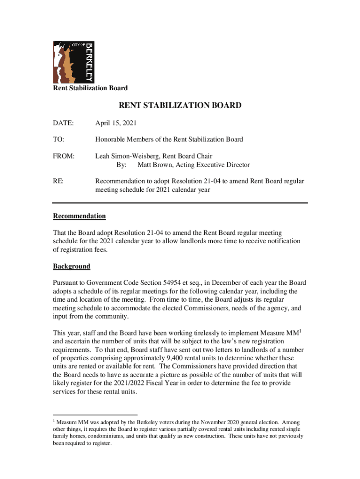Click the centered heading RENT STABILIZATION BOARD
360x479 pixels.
[180, 106]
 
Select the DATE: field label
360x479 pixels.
[63, 123]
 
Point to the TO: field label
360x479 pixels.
[58, 139]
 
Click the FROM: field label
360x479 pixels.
[64, 156]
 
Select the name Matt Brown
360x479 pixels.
[155, 165]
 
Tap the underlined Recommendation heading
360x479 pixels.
[79, 216]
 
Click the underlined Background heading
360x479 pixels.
[72, 266]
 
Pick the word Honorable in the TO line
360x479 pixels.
[110, 139]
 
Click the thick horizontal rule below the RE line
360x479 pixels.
[180, 203]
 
